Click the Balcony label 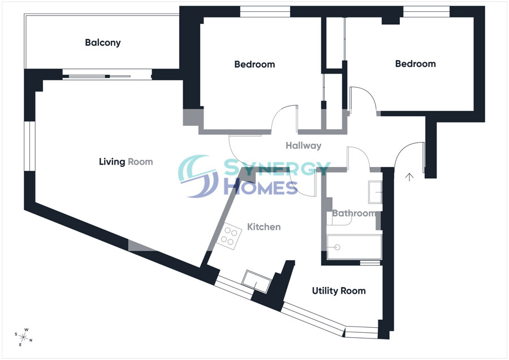pyautogui.click(x=102, y=42)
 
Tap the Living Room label pyautogui.click(x=126, y=161)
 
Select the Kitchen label pyautogui.click(x=264, y=227)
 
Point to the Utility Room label pyautogui.click(x=339, y=290)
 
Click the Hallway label pyautogui.click(x=304, y=145)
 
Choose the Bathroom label pyautogui.click(x=354, y=213)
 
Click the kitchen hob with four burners pyautogui.click(x=229, y=236)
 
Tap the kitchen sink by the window pyautogui.click(x=256, y=281)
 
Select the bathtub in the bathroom pyautogui.click(x=354, y=247)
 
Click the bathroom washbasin pyautogui.click(x=375, y=192)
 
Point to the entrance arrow pyautogui.click(x=409, y=177)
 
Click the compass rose pyautogui.click(x=24, y=337)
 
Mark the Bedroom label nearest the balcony pyautogui.click(x=255, y=65)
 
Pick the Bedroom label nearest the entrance pyautogui.click(x=415, y=64)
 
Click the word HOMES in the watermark pyautogui.click(x=261, y=187)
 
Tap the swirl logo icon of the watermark pyautogui.click(x=199, y=176)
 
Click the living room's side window pyautogui.click(x=29, y=146)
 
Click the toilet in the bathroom pyautogui.click(x=339, y=219)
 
